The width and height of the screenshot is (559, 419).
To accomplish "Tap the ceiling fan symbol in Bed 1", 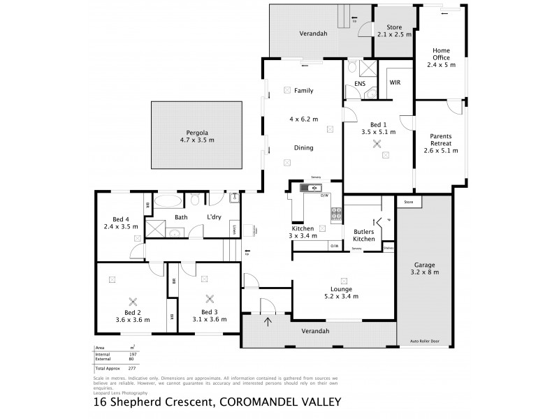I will tap(378, 145).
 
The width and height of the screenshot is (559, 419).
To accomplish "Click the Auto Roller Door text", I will tap(425, 341).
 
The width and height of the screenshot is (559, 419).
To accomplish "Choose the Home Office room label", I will tap(441, 57).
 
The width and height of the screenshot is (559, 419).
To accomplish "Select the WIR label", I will tap(395, 83).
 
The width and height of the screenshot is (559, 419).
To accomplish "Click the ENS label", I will tap(360, 83).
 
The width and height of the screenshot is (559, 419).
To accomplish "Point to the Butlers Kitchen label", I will tap(363, 234).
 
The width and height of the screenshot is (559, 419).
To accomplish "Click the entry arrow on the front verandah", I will tap(269, 321).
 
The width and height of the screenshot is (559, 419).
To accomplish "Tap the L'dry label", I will tap(214, 217).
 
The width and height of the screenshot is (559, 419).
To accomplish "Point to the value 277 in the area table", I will tap(132, 367).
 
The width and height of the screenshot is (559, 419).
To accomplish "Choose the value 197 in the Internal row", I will tap(132, 354).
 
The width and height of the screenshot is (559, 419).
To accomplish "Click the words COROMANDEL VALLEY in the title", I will tap(280, 402).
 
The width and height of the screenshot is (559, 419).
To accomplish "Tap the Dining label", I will tap(303, 148).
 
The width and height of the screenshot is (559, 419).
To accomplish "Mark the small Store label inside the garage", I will tap(409, 203).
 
